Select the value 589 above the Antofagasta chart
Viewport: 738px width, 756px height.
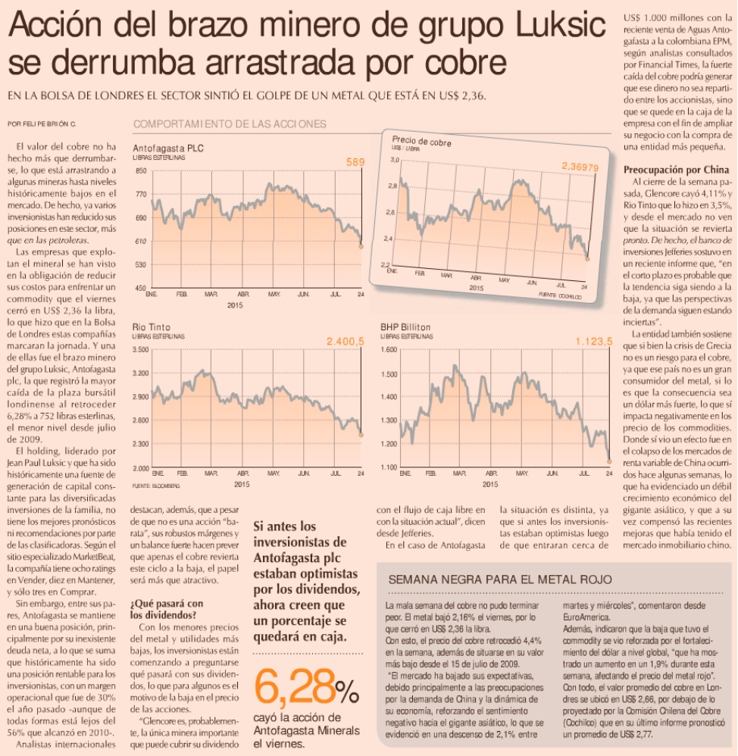tap(355, 162)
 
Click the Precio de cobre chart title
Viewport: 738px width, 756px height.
tap(422, 141)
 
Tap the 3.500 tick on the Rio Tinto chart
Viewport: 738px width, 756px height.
tap(140, 351)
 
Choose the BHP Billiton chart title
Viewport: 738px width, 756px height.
tap(408, 327)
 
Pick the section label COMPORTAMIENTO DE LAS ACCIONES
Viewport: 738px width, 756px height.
tap(230, 124)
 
